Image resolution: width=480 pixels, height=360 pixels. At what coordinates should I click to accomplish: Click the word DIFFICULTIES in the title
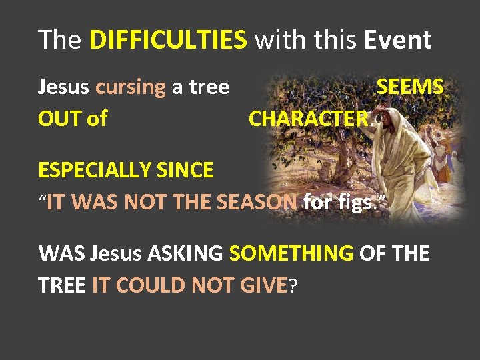click(167, 41)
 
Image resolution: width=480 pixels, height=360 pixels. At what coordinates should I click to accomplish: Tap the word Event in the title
click(398, 41)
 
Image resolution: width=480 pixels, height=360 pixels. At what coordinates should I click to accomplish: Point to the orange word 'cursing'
click(131, 87)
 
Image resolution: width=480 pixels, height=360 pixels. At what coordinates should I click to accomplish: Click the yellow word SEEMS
click(410, 87)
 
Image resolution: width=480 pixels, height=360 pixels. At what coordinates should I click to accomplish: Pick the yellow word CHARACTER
click(308, 119)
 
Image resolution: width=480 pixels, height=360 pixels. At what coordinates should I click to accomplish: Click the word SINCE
click(187, 171)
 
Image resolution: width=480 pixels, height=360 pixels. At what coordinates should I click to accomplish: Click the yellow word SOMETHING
click(291, 254)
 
